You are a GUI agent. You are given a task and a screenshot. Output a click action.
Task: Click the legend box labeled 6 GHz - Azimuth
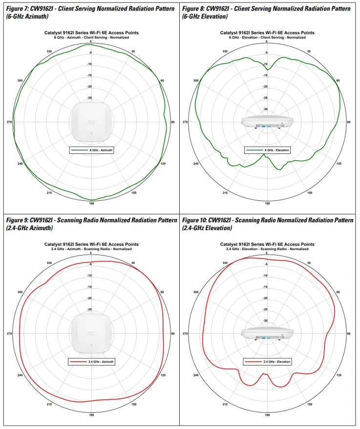[x=91, y=150]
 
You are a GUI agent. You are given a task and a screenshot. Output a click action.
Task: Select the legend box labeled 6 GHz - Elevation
[x=268, y=150]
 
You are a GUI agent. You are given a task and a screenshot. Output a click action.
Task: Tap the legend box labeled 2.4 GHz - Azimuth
[x=91, y=362]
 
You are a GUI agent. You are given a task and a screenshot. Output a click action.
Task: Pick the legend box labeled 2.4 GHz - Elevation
[x=268, y=362]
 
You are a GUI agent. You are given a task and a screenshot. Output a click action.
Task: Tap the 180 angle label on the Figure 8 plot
[x=267, y=203]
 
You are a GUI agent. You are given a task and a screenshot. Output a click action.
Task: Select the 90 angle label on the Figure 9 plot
[x=173, y=334]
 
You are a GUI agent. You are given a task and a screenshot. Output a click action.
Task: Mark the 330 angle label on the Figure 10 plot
[x=225, y=263]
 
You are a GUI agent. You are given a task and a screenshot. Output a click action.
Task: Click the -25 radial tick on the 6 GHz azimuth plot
[x=89, y=98]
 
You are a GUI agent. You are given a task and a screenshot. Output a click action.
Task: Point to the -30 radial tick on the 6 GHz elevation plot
[x=265, y=109]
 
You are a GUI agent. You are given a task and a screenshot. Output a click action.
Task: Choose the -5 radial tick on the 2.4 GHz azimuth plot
[x=89, y=265]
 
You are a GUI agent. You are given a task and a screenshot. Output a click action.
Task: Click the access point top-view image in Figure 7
[x=91, y=122]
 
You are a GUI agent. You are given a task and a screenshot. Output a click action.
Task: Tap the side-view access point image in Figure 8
[x=267, y=122]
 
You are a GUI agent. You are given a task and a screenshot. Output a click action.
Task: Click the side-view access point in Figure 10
[x=267, y=334]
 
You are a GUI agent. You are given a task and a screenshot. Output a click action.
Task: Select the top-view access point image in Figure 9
[x=91, y=333]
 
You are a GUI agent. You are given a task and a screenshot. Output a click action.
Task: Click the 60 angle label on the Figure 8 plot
[x=338, y=80]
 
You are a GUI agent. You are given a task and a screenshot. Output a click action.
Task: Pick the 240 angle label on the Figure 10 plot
[x=196, y=375]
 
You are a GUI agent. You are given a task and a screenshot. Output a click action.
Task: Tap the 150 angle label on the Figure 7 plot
[x=133, y=193]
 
